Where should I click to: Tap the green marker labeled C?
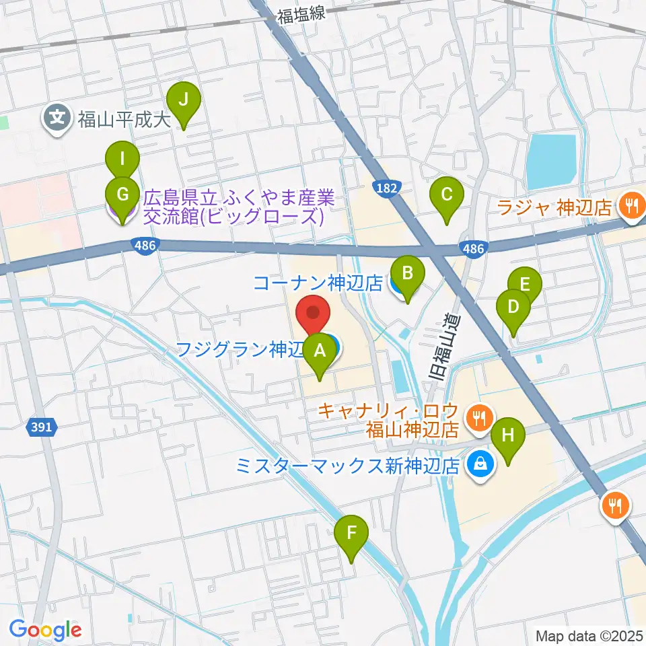[446, 197]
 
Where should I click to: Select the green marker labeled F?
[351, 536]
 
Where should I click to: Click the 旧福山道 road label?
[445, 350]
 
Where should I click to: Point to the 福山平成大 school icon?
[57, 120]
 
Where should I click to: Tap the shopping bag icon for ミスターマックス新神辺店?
[481, 464]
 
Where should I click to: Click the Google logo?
[45, 630]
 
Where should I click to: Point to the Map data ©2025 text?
[589, 635]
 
